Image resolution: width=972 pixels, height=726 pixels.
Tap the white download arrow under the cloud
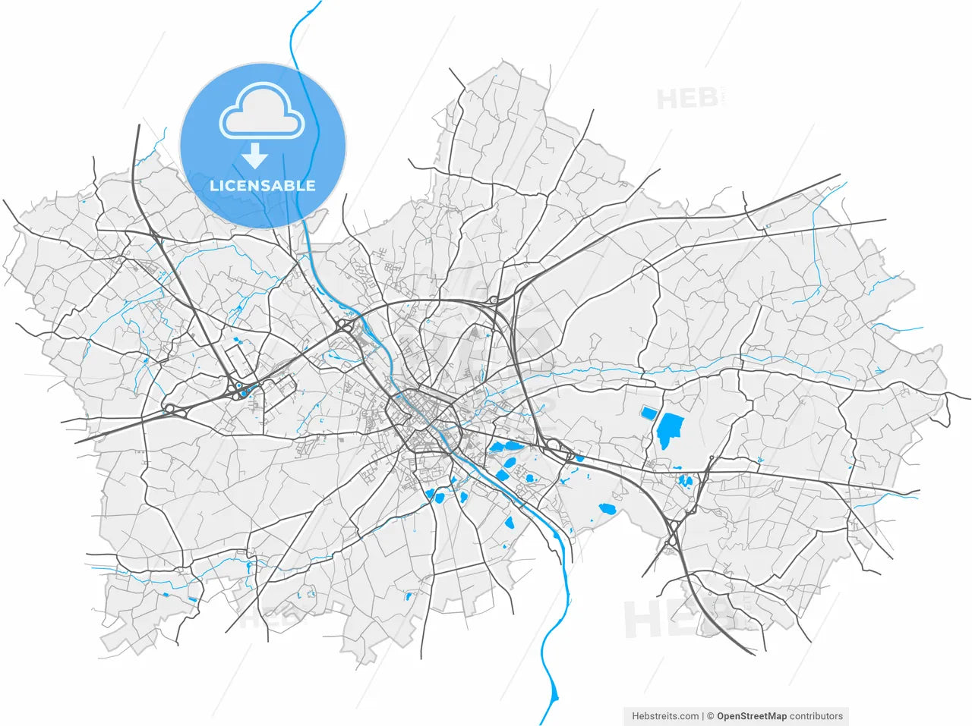tap(255, 156)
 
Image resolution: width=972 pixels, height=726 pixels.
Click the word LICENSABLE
tap(262, 186)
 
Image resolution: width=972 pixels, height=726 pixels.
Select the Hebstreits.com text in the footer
tap(665, 715)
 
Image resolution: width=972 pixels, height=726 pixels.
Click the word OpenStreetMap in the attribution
tap(752, 715)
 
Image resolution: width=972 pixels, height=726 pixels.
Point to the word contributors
tap(816, 715)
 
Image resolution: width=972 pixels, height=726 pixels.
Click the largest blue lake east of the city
tap(669, 431)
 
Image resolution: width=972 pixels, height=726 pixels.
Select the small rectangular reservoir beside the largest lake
tap(648, 413)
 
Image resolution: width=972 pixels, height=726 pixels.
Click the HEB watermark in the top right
tap(687, 99)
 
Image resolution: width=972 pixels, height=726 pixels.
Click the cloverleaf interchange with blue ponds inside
tap(241, 390)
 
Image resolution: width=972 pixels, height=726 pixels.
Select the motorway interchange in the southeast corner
tap(672, 533)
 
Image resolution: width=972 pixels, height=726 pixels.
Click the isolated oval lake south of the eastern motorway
tap(607, 507)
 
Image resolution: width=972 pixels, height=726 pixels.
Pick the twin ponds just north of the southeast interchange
tap(686, 479)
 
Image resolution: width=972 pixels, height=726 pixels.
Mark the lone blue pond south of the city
tap(408, 596)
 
